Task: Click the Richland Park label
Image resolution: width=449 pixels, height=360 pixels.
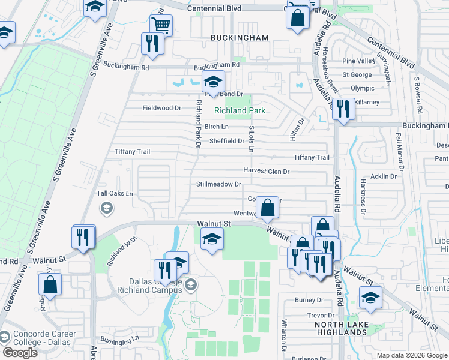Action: click(240, 110)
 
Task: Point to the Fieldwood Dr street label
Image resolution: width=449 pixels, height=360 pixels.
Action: click(161, 108)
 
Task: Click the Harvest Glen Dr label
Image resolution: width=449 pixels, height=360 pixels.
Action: click(266, 172)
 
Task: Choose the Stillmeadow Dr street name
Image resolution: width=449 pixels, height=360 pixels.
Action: click(218, 184)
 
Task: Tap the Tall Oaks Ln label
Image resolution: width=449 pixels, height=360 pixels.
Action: click(115, 194)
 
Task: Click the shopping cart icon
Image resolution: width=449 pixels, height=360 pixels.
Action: click(161, 26)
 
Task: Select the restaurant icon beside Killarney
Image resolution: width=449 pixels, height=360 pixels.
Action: click(343, 109)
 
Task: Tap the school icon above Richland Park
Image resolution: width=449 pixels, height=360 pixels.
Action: click(212, 82)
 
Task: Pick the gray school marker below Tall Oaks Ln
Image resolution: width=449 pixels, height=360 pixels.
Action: click(107, 208)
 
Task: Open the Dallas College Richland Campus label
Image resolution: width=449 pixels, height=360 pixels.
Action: click(156, 286)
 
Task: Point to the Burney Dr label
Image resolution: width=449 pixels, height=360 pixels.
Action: click(309, 300)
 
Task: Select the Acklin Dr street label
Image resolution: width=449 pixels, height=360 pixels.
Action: click(384, 176)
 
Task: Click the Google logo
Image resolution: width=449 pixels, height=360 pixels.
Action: click(20, 353)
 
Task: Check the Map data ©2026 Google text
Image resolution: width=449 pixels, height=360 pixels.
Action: click(411, 355)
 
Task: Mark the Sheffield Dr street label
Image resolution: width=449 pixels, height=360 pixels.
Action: click(226, 142)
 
